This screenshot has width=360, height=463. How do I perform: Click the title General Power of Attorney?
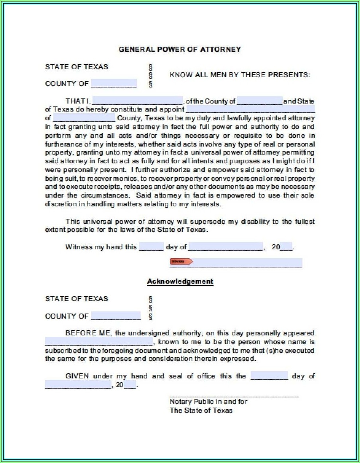[180, 49]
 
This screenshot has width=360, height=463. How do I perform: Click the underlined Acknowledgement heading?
[180, 281]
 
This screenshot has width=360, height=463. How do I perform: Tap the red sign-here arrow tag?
[181, 261]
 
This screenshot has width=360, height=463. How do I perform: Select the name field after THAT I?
[137, 101]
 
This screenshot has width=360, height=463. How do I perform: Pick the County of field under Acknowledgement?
[116, 316]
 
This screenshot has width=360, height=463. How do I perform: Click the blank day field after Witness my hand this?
[151, 247]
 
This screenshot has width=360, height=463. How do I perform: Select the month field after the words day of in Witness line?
[226, 247]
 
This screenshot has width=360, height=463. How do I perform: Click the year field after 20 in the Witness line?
[286, 247]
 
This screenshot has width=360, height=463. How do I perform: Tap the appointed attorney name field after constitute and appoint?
[250, 109]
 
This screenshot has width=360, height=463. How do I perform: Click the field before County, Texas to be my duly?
[84, 118]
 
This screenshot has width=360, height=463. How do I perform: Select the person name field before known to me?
[99, 342]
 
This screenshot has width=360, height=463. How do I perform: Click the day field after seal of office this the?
[269, 376]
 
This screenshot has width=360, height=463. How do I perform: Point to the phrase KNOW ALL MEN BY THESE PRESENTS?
[240, 75]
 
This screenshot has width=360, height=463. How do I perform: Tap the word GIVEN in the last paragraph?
[77, 376]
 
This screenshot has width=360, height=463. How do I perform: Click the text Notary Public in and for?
[208, 401]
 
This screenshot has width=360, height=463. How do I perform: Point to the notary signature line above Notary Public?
[234, 396]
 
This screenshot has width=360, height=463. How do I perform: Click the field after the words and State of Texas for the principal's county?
[259, 101]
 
